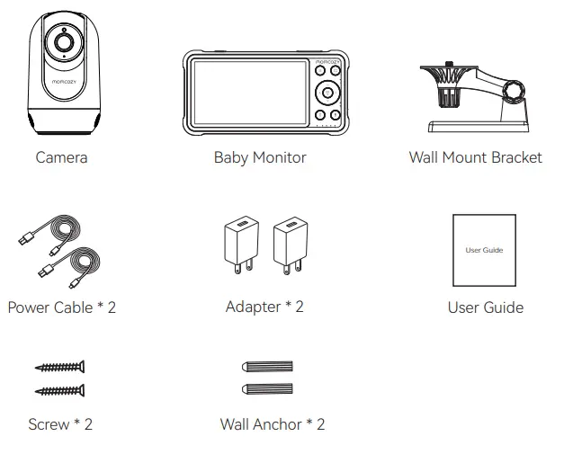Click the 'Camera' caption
tap(61, 157)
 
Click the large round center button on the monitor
tap(326, 93)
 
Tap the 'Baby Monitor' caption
tap(260, 157)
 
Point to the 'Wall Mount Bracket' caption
tap(475, 157)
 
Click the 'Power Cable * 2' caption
tap(61, 307)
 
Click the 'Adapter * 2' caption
tap(264, 307)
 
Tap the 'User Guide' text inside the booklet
tap(484, 250)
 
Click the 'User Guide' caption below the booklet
tap(485, 307)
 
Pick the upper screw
tap(60, 367)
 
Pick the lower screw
tap(60, 388)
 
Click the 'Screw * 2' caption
tap(60, 423)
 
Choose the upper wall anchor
tap(268, 367)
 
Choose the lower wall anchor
tap(268, 388)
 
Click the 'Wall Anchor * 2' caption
tap(273, 423)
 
